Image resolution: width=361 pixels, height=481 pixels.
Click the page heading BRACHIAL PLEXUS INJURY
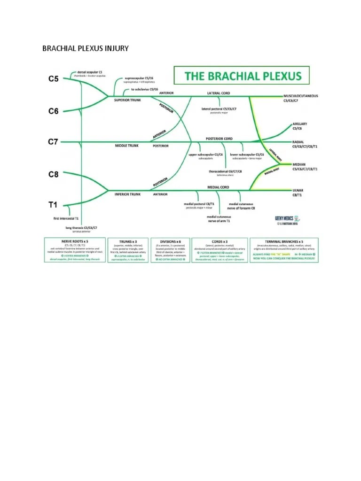pos(85,48)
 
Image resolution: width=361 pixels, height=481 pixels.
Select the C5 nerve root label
pos(53,79)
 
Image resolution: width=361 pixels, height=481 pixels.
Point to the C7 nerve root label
pos(53,142)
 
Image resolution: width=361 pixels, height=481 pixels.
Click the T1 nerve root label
pos(53,205)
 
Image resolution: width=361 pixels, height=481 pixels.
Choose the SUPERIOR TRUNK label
pos(127,100)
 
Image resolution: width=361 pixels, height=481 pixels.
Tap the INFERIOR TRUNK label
pos(128,194)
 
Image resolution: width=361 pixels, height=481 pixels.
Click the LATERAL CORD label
pos(219,93)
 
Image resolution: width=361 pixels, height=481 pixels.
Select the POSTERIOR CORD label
pos(219,139)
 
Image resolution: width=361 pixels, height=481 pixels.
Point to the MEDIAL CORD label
pos(218,186)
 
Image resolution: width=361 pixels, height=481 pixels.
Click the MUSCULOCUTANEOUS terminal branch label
pos(301,96)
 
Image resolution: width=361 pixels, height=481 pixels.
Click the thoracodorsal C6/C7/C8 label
pos(225,172)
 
